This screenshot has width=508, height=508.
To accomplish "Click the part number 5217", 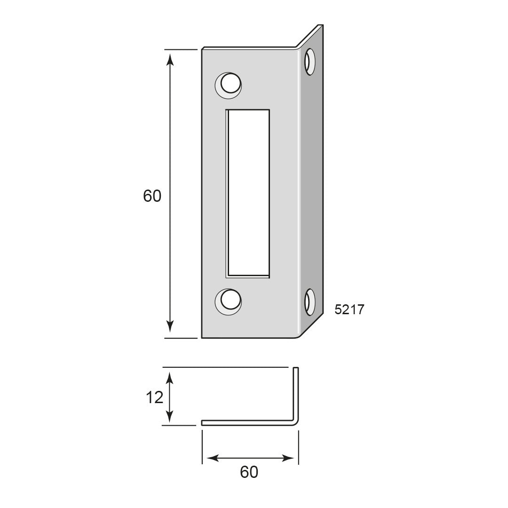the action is click(349, 310).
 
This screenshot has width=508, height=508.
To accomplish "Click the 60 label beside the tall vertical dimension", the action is click(152, 196).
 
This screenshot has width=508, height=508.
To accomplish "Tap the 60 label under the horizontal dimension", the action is click(249, 472).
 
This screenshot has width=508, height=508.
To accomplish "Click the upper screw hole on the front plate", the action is click(229, 85).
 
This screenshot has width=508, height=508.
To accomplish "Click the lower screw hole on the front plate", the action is click(229, 302).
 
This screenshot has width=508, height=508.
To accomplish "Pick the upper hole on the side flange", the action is click(310, 62).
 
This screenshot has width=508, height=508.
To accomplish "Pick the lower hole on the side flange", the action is click(310, 302).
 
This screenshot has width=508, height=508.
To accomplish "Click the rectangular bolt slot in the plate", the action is click(248, 193).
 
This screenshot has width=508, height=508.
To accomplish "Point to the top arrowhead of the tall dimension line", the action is click(170, 59).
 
